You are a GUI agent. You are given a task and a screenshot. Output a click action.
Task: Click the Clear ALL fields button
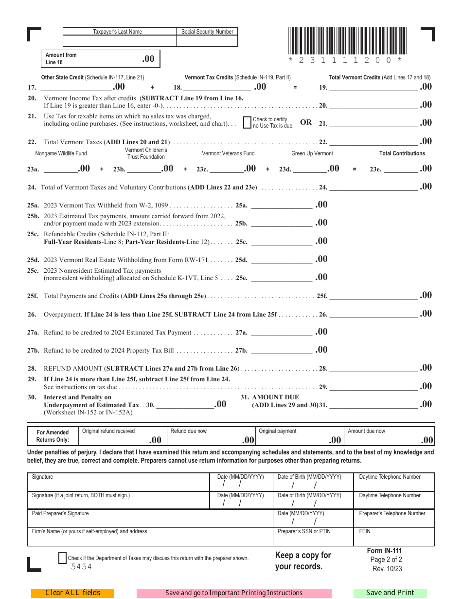[72, 593]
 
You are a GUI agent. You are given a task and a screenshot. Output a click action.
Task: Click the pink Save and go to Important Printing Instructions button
[234, 593]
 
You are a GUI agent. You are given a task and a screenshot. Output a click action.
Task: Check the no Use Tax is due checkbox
[247, 122]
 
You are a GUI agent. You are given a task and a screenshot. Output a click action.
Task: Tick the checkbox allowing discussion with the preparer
[62, 558]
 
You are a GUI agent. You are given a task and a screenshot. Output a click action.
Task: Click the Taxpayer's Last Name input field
[119, 41]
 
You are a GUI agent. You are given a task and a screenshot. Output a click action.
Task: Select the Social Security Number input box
[207, 41]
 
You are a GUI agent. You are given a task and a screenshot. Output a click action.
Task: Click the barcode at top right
[345, 41]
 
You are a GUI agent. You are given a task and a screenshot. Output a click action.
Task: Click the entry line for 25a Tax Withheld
[281, 205]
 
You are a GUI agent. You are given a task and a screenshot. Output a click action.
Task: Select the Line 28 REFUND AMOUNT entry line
[373, 368]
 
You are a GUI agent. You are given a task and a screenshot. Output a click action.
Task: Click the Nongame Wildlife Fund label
[61, 153]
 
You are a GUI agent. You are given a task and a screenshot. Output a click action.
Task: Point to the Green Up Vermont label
[312, 153]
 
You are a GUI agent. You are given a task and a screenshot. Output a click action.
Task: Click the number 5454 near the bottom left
[81, 567]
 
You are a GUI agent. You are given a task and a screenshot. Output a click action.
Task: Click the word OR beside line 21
[306, 122]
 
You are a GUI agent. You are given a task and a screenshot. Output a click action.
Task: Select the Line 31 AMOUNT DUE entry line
[373, 404]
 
